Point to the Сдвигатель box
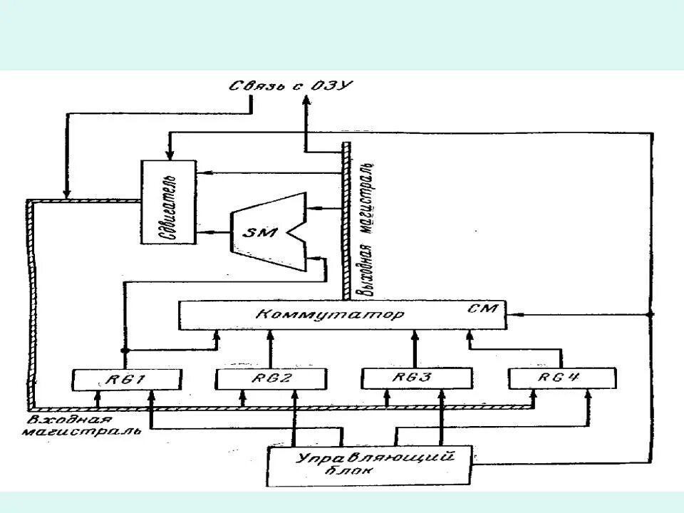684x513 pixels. pos(168,202)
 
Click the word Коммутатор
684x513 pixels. pos(328,314)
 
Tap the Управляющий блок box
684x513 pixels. pos(370,466)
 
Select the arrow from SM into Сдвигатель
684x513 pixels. pos(207,232)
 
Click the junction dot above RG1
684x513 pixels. pos(125,351)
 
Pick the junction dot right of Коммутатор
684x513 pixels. pos(651,313)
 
